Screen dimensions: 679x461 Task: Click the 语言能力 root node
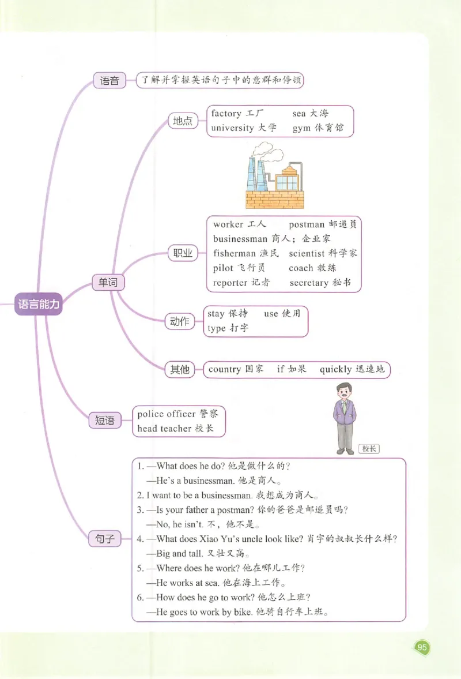[x=39, y=305]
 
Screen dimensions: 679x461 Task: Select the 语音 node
[x=109, y=81]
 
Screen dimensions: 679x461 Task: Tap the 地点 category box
[x=183, y=121]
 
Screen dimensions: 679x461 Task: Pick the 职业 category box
[x=183, y=253]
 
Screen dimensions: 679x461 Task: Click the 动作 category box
[x=180, y=322]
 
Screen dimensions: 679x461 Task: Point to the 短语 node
[x=104, y=421]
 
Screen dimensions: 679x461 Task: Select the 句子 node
[x=104, y=539]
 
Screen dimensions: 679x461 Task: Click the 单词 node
[x=108, y=282]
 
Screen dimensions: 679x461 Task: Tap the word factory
[x=226, y=114]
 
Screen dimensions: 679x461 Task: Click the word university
[x=232, y=128]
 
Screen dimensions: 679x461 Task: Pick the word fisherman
[x=234, y=253]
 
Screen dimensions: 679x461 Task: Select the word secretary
[x=309, y=283]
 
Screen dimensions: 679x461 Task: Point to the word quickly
[x=335, y=370]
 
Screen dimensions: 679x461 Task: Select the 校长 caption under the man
[x=369, y=449]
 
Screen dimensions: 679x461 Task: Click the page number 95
[x=422, y=647]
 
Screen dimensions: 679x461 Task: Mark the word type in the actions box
[x=216, y=328]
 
